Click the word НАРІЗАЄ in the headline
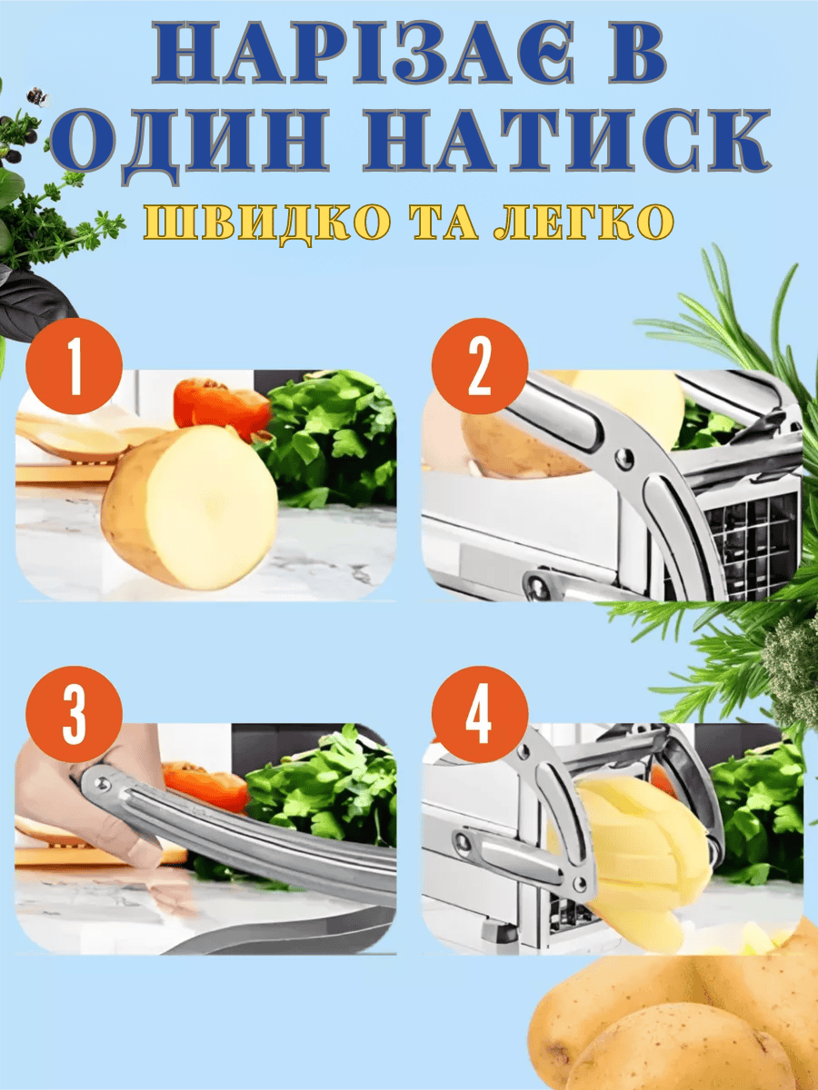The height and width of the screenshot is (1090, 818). click(364, 59)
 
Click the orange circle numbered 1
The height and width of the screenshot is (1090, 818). click(75, 367)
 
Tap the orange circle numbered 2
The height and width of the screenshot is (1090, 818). click(479, 367)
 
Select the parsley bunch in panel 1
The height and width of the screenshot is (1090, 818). click(329, 438)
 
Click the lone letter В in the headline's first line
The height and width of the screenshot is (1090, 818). click(637, 59)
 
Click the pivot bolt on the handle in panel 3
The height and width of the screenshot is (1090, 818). click(101, 783)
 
